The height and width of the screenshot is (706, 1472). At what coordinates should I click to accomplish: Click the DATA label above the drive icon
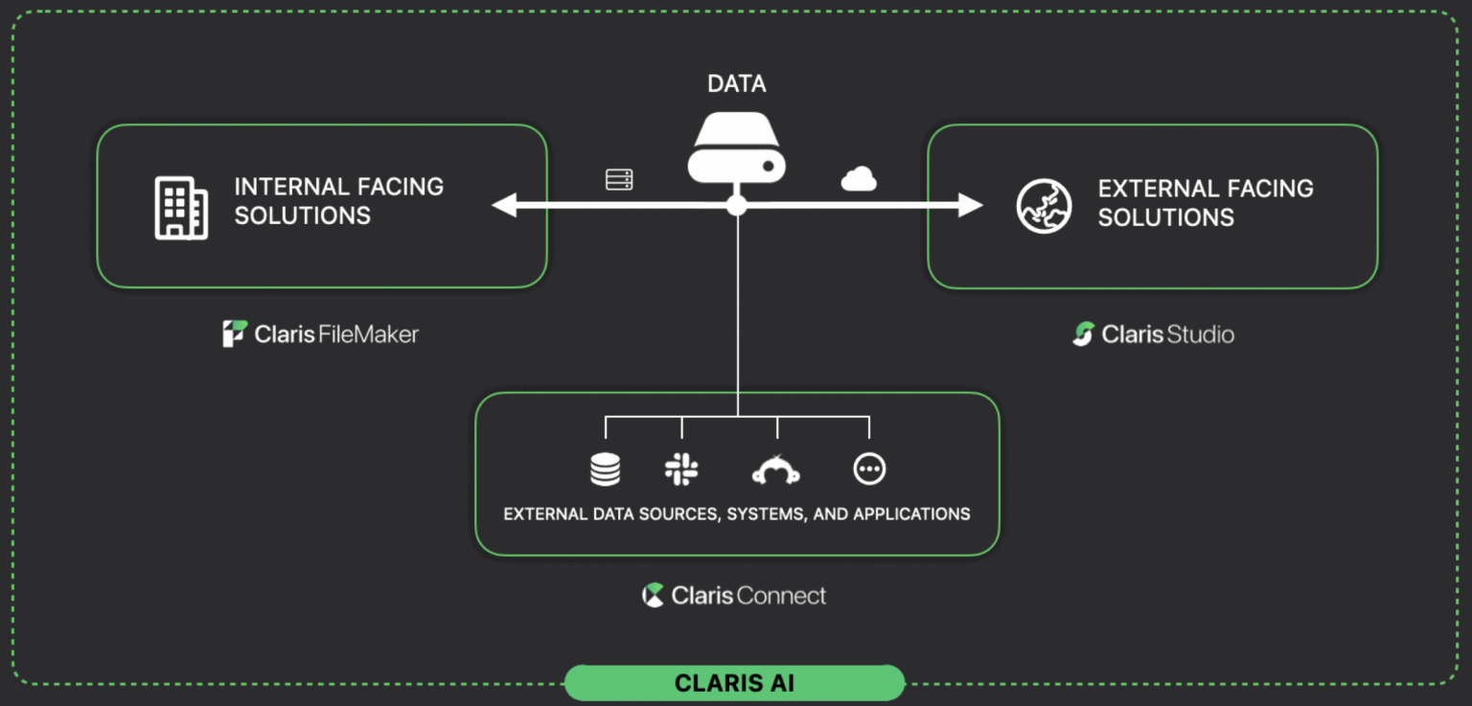(736, 84)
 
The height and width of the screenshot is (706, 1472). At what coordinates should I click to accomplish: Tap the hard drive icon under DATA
(736, 149)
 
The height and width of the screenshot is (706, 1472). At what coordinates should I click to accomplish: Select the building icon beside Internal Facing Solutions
(181, 207)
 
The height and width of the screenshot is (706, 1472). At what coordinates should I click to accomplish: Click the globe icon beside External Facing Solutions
(1044, 207)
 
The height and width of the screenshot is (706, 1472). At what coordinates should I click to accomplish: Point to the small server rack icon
(619, 179)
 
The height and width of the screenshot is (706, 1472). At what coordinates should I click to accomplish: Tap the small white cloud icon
(859, 179)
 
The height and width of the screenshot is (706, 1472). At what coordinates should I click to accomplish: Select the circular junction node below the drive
(736, 205)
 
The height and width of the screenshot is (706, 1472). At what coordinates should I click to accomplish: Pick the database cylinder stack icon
(605, 469)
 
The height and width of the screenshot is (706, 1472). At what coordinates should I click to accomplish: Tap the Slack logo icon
(681, 469)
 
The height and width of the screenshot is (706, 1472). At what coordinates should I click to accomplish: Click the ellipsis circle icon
(869, 468)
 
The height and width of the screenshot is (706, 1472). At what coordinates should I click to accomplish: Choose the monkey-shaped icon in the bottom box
(775, 469)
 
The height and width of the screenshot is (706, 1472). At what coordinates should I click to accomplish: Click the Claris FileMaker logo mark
(235, 333)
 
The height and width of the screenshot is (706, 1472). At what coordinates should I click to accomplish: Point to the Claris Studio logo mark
(1083, 334)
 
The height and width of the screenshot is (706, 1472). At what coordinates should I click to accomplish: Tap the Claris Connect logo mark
(653, 595)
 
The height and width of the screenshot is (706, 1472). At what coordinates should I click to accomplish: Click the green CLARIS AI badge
(734, 683)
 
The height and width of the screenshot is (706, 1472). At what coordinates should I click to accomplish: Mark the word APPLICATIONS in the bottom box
(911, 514)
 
